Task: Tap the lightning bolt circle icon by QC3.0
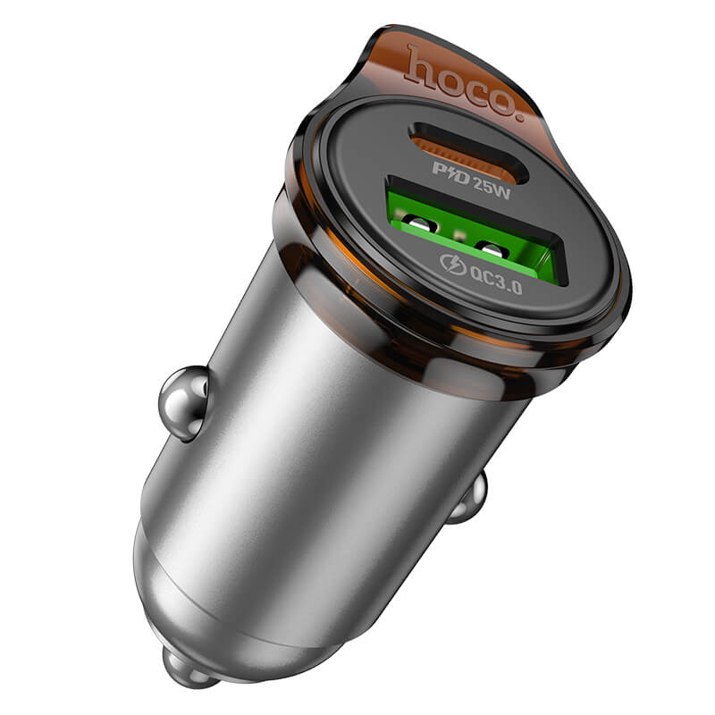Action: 453,264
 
